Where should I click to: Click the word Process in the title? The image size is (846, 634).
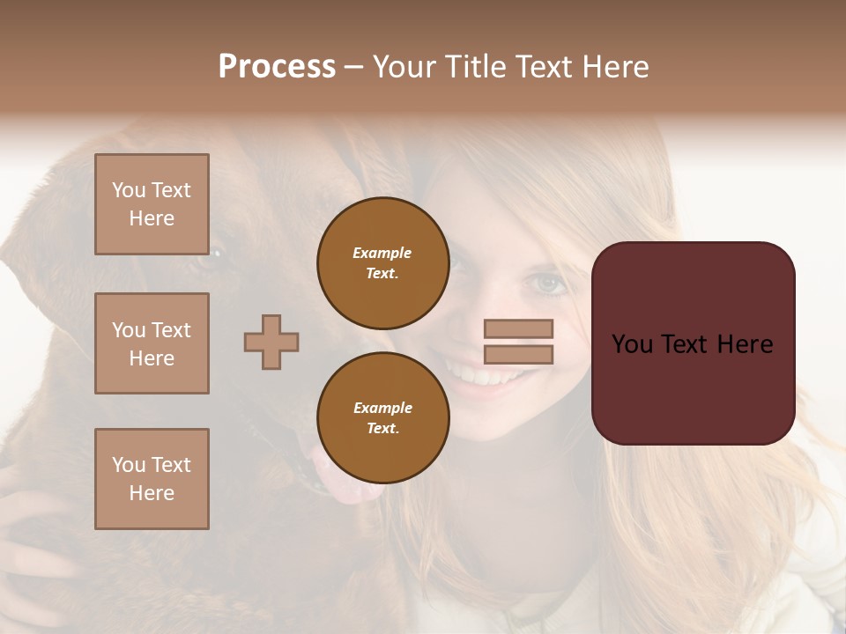[277, 67]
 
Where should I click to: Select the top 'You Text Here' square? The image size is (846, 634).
[152, 204]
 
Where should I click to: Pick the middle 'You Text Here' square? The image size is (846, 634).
[152, 343]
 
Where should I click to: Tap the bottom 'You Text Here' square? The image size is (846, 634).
[152, 479]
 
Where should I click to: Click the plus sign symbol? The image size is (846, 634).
[271, 342]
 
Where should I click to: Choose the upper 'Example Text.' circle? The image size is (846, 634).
[382, 263]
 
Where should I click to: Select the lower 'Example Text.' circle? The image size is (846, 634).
[382, 418]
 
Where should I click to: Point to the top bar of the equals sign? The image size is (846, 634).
[518, 328]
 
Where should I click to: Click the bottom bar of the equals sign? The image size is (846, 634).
[518, 355]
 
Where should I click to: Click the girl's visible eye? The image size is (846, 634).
[547, 284]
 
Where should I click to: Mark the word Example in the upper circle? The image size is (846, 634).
[382, 253]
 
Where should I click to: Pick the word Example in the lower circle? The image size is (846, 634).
[382, 408]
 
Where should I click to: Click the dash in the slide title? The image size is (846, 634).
[353, 68]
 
